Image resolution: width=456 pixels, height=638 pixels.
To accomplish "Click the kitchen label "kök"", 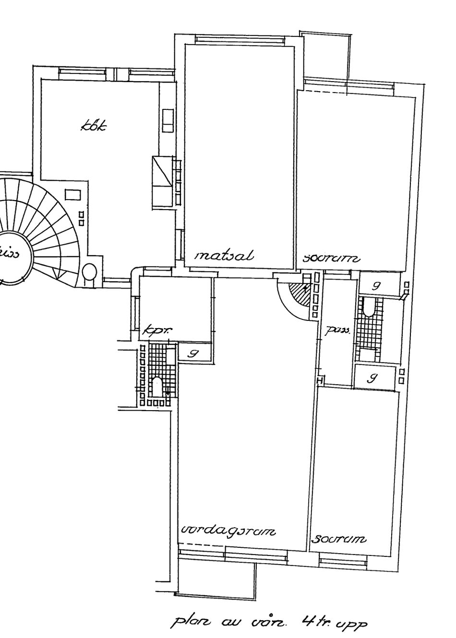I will pos(95,127).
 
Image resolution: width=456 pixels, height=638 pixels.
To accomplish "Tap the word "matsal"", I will pos(224,256).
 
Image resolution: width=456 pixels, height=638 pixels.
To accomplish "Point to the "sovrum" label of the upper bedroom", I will pos(331,259).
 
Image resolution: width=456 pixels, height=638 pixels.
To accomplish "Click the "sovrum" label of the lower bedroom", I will pos(338,539).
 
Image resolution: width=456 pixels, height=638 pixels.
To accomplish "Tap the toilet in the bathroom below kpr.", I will pos(157,386).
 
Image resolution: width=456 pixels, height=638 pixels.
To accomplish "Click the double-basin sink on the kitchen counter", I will pos(168,120).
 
